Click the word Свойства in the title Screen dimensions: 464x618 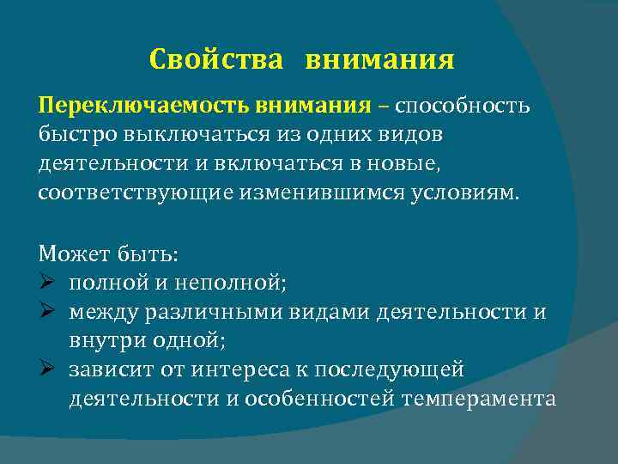215,60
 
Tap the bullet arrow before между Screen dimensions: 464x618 47,310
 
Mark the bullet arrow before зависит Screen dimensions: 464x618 47,369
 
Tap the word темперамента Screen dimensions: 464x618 483,399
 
